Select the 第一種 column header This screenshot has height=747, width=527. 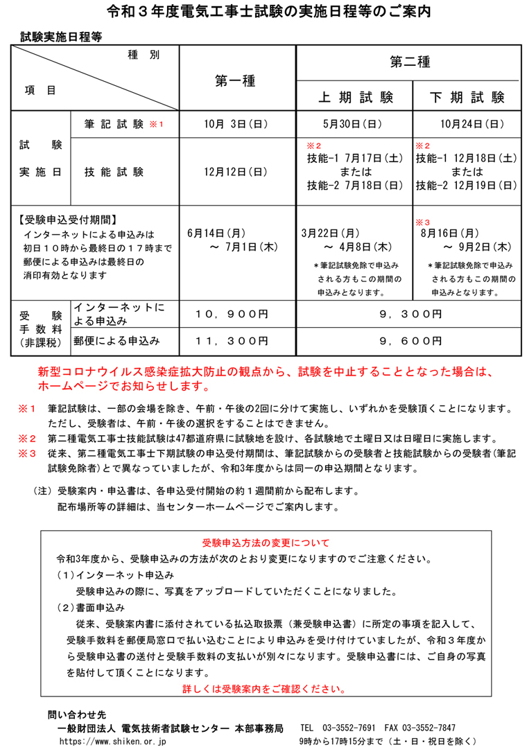(236, 81)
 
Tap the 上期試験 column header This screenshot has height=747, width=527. (355, 97)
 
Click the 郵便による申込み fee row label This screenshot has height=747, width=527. (116, 341)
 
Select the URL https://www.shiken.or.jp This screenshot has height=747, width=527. (113, 741)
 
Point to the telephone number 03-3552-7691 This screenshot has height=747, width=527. (349, 728)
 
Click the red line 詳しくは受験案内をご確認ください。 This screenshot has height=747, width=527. (264, 689)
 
